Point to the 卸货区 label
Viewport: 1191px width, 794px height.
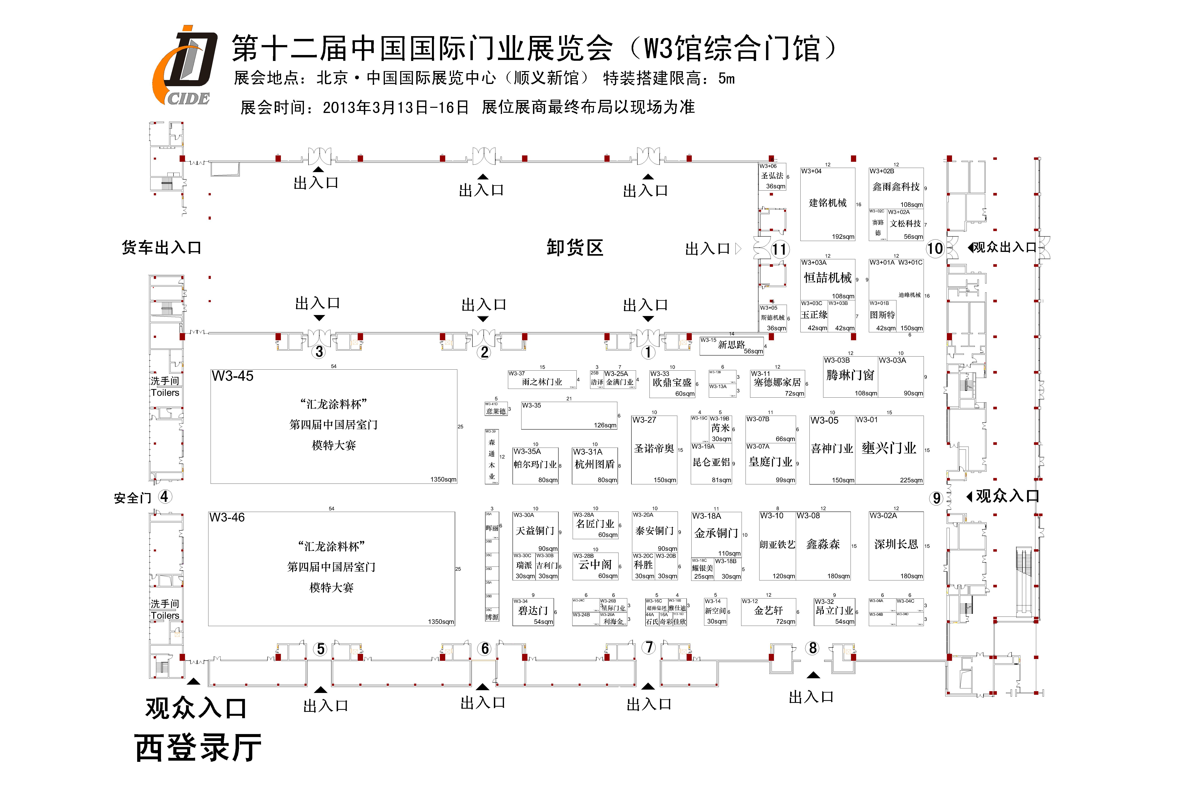click(575, 248)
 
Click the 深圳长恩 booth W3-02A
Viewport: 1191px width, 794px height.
click(896, 545)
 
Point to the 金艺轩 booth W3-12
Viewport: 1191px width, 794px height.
click(768, 612)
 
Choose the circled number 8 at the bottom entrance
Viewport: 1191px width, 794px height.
click(813, 648)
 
